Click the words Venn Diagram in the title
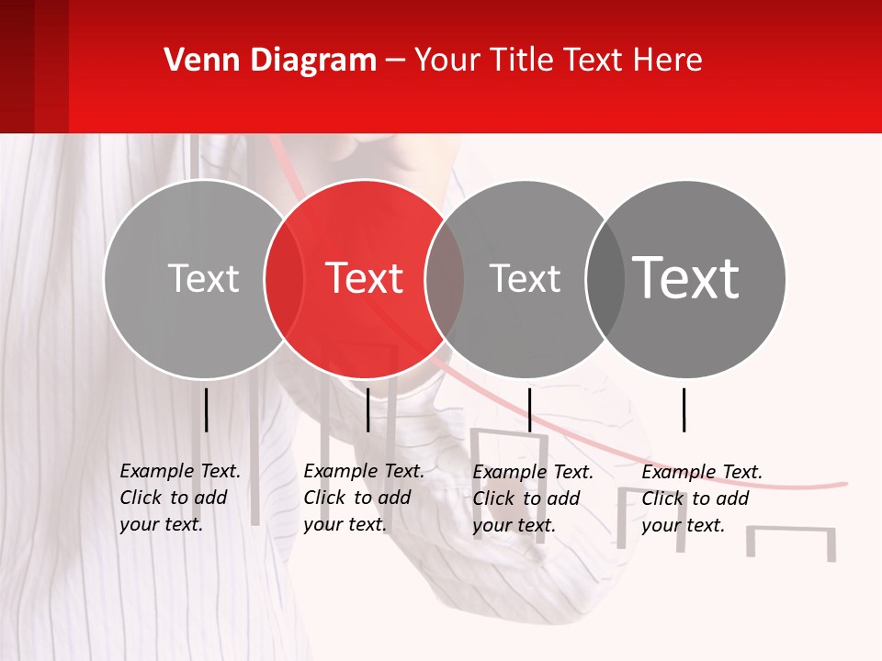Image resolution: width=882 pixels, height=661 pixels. (270, 61)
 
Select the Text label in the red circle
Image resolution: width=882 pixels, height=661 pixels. (365, 278)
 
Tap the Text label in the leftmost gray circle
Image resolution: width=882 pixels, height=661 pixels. (203, 278)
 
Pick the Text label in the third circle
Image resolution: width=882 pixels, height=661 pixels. (526, 278)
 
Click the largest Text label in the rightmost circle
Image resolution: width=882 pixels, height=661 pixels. (686, 278)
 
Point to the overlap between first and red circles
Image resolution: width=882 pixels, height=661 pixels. (284, 279)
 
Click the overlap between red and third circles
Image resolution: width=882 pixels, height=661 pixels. (445, 279)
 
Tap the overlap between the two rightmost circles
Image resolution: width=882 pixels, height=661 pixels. (605, 279)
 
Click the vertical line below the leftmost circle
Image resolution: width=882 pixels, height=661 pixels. (206, 409)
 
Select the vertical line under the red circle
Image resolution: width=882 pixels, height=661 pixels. (367, 409)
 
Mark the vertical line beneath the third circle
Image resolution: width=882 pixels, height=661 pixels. (529, 409)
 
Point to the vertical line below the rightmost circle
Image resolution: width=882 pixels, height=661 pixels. (684, 409)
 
